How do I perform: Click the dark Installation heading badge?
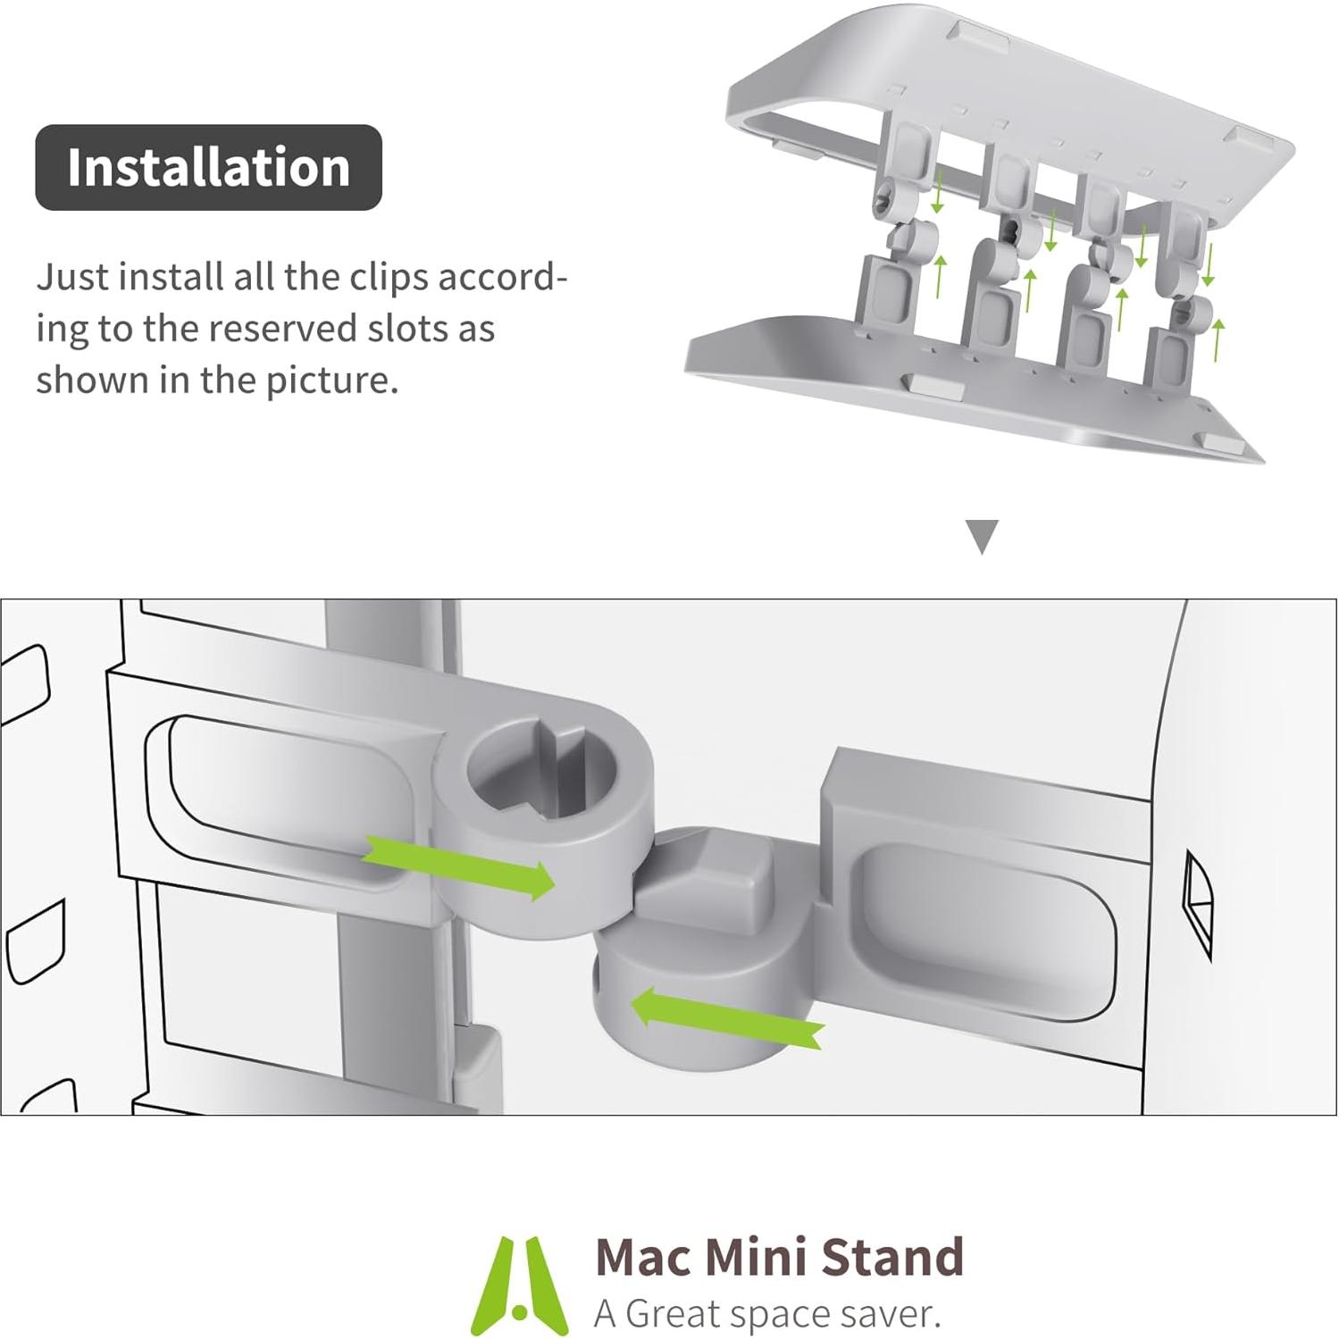pos(208,168)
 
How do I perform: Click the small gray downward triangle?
pos(983,538)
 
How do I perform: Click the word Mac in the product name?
pos(643,1258)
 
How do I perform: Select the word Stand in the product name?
pos(892,1258)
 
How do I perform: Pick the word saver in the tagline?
pos(884,1314)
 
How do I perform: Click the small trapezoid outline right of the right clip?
pos(1197,902)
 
